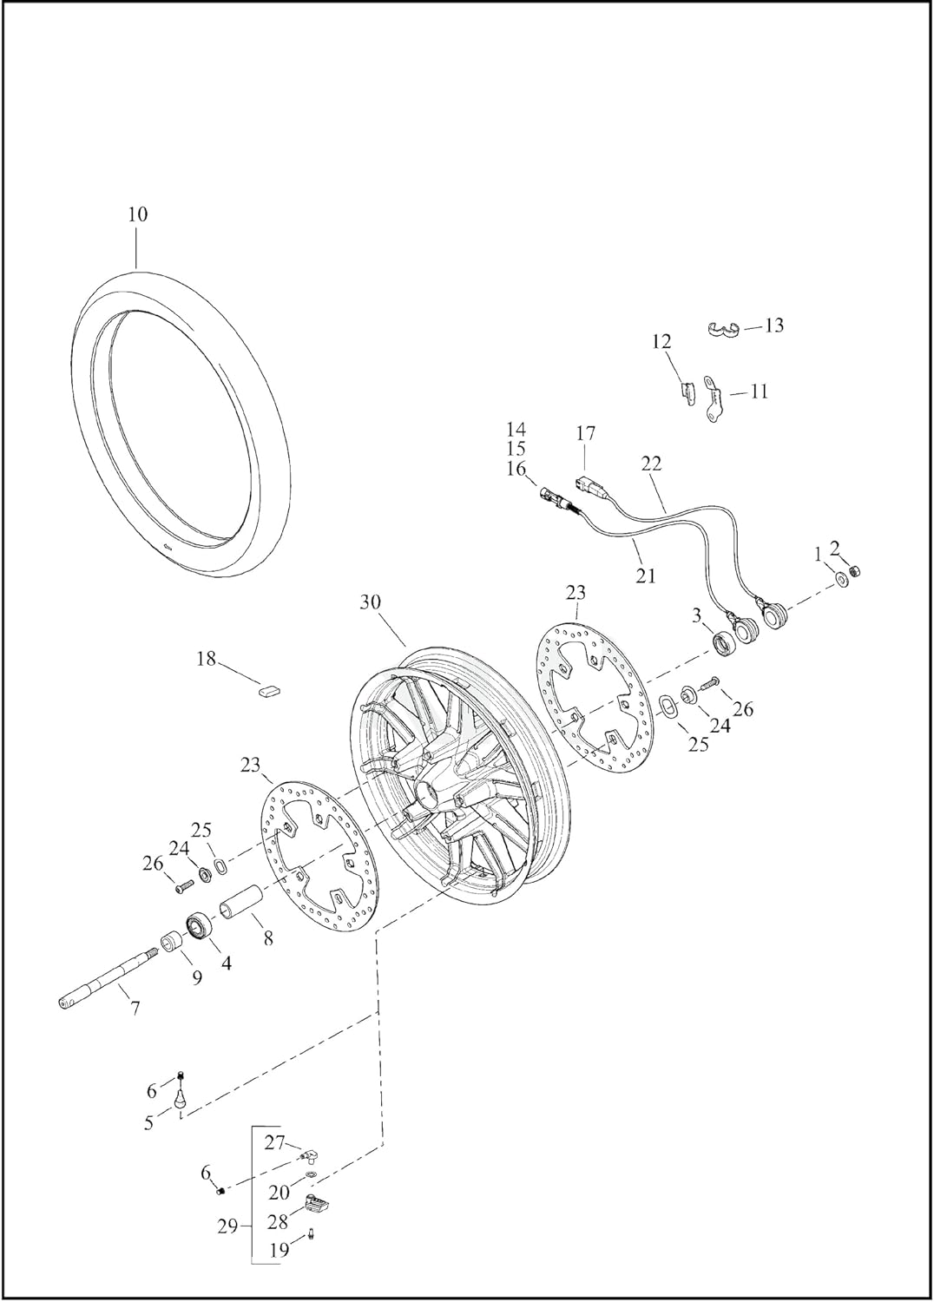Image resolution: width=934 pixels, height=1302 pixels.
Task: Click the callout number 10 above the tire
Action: point(137,214)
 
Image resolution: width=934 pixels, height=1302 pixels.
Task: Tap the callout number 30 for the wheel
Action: point(371,602)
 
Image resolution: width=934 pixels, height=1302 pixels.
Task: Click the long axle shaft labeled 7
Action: point(104,982)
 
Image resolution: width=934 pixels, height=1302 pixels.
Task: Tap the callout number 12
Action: point(661,341)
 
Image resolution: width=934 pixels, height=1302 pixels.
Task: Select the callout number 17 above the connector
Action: point(585,432)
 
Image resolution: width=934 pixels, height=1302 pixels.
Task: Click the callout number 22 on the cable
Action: point(651,464)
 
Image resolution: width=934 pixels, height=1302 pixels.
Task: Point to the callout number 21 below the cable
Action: point(646,575)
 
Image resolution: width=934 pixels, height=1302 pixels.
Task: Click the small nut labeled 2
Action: point(854,570)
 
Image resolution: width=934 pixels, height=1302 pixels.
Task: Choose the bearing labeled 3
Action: point(723,644)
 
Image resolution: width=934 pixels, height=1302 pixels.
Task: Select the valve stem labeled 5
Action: point(181,1097)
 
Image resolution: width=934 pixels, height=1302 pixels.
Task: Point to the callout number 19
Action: point(279,1251)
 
